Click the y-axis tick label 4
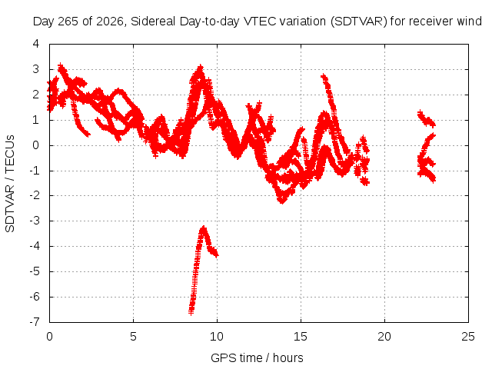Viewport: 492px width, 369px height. coord(36,44)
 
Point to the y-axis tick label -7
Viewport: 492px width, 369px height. coord(34,321)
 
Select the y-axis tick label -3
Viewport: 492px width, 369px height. coord(34,221)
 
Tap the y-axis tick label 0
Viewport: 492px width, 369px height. coord(36,145)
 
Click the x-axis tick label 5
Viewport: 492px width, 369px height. coord(133,337)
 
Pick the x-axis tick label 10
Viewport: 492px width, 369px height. coord(217,337)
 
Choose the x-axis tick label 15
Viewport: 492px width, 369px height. coord(301,337)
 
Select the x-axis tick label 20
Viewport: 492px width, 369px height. coord(384,337)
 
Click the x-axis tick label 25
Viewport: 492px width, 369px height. coord(468,337)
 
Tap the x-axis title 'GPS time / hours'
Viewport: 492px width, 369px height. coord(257,357)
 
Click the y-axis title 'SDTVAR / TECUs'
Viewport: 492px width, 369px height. coord(10,184)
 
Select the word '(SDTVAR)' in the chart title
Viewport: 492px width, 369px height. coord(358,22)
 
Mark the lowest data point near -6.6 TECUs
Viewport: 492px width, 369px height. coord(191,311)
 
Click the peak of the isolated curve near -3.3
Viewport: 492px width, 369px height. coord(204,228)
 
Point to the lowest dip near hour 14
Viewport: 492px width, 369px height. coord(282,201)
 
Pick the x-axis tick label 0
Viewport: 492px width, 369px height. coord(49,337)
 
